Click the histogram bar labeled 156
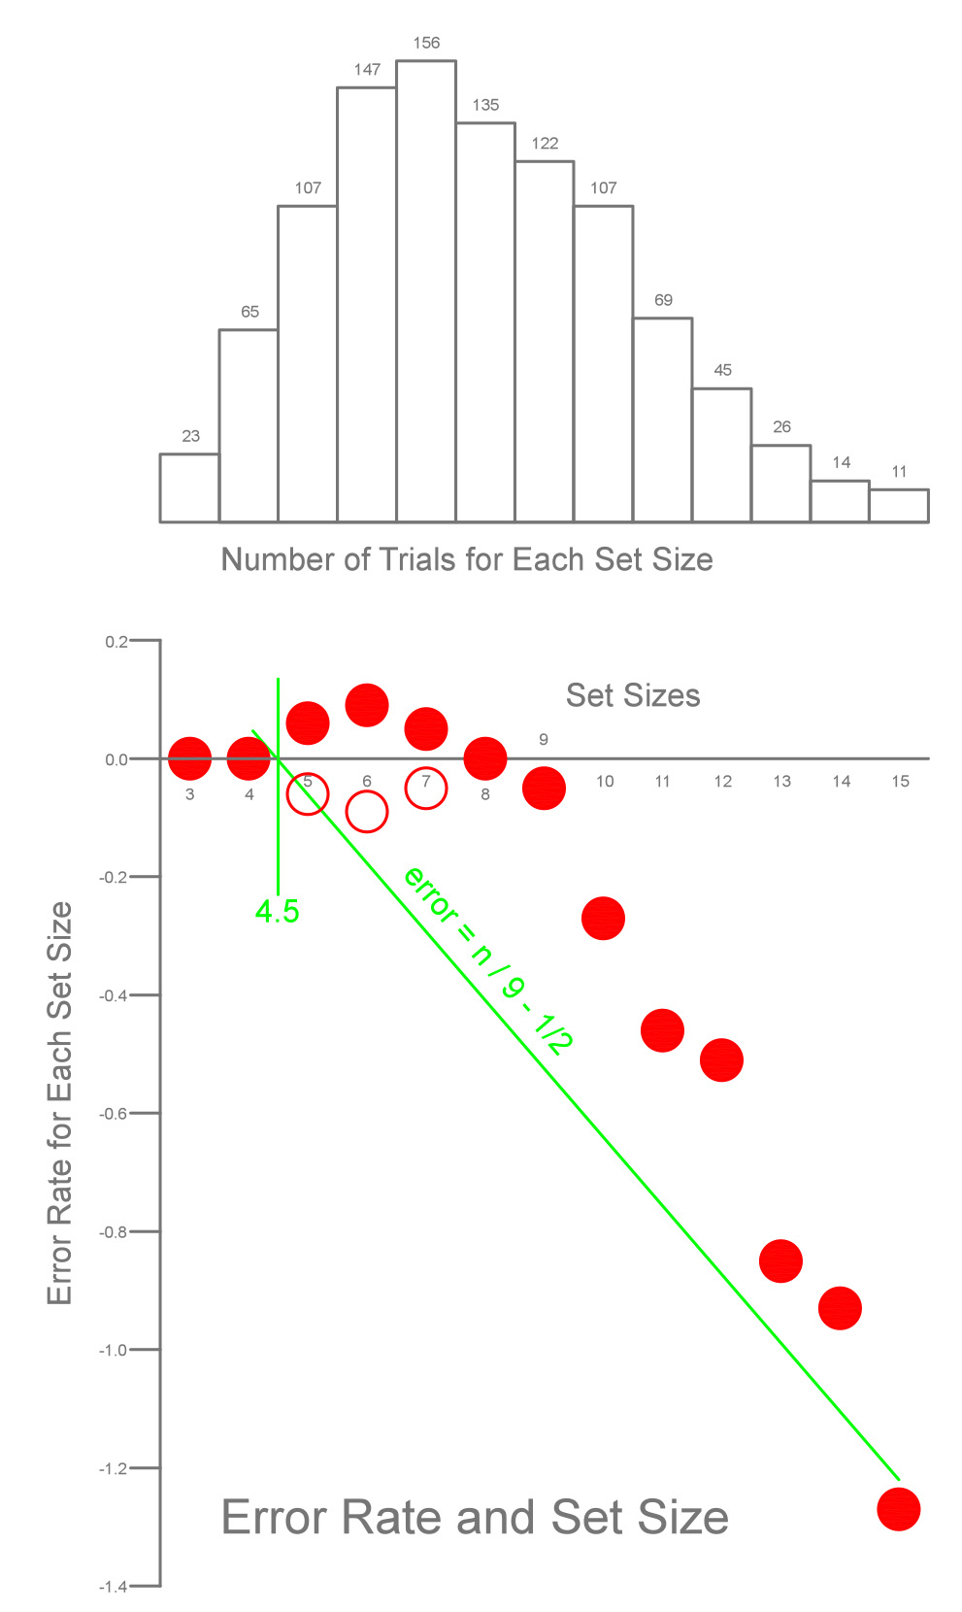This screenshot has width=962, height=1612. [x=426, y=291]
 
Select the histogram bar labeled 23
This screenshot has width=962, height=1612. [x=189, y=488]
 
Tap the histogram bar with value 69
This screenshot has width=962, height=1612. [x=663, y=420]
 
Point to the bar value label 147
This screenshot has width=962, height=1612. [x=367, y=70]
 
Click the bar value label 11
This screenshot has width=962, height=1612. [x=899, y=472]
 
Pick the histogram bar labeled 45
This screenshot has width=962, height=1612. [x=722, y=455]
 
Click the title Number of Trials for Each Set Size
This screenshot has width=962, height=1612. [x=467, y=560]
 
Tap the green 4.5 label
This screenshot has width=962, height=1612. [x=277, y=912]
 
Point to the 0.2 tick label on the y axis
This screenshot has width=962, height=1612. [x=116, y=642]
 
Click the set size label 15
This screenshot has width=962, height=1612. [x=900, y=782]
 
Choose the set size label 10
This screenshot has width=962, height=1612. [x=605, y=782]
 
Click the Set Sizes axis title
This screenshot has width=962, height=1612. [x=633, y=696]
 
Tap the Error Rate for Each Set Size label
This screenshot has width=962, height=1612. [x=60, y=1103]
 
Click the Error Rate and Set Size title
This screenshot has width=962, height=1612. [x=475, y=1518]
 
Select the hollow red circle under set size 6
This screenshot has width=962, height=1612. [x=367, y=812]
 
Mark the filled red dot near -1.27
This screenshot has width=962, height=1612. [x=898, y=1510]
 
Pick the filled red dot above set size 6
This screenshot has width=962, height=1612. [x=367, y=705]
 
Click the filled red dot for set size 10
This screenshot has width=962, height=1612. [x=603, y=919]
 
